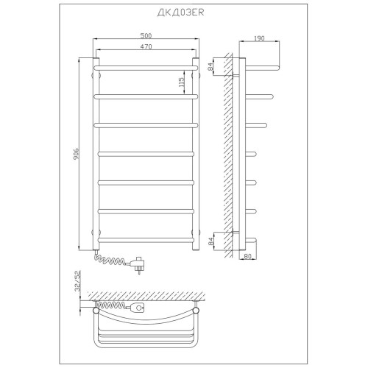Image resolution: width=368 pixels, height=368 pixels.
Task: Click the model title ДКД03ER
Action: click(x=180, y=13)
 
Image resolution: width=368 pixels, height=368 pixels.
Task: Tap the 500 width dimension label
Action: click(x=146, y=35)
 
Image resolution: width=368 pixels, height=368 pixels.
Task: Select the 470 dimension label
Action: click(x=146, y=46)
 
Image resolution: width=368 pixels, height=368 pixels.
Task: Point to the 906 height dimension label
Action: click(x=76, y=154)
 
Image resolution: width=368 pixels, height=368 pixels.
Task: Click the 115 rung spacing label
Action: click(x=181, y=82)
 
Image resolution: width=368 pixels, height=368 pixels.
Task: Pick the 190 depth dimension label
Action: click(x=259, y=38)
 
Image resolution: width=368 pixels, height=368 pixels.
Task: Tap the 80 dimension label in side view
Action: click(x=248, y=256)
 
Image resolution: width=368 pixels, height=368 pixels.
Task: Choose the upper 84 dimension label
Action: click(x=210, y=67)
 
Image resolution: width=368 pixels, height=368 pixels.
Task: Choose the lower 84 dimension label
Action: click(x=210, y=241)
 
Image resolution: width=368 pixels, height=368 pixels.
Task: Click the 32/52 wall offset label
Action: click(x=78, y=281)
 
